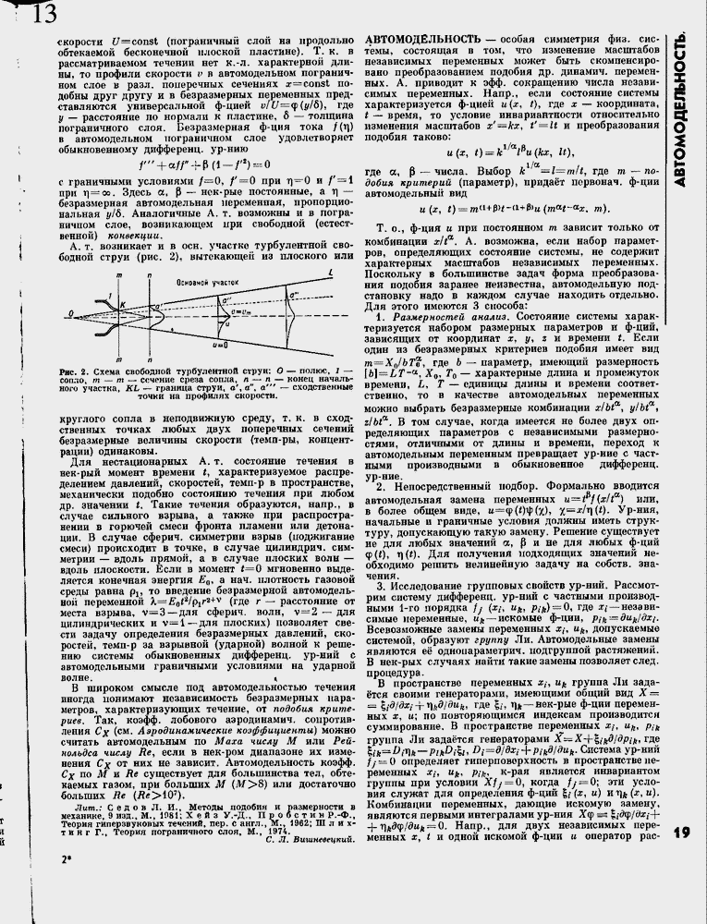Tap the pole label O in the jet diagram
[68, 315]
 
